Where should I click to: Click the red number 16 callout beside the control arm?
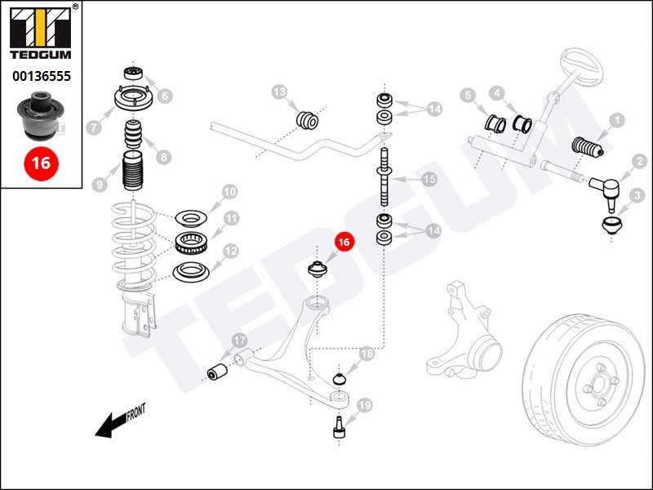click(344, 242)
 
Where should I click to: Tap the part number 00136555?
click(41, 76)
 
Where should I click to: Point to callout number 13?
click(279, 92)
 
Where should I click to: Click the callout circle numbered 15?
click(428, 180)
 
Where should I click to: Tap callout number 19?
click(364, 404)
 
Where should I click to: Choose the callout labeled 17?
click(240, 341)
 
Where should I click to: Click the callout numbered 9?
click(100, 185)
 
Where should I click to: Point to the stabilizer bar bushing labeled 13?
click(309, 118)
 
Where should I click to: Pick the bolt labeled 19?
click(340, 426)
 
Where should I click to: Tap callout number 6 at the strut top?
click(164, 96)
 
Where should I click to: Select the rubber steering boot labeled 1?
click(585, 147)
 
